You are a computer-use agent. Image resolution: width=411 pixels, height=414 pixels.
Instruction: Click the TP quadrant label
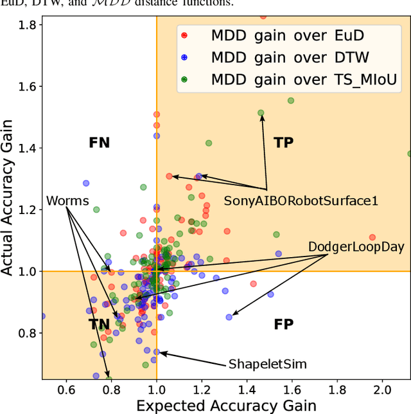(x=283, y=143)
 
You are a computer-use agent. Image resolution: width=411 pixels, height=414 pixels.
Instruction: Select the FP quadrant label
(x=283, y=324)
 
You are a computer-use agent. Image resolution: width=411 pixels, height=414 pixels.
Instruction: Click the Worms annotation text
(x=67, y=201)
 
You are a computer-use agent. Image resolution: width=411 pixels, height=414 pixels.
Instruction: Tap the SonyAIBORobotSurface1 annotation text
(x=301, y=201)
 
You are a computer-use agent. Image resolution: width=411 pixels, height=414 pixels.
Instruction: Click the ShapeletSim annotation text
(x=268, y=364)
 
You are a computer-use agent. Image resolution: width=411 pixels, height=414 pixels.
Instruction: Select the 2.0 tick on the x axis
(x=382, y=390)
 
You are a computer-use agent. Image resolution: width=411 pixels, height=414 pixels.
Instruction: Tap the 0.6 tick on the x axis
(x=66, y=390)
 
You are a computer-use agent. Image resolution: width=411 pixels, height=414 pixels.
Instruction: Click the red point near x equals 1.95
(x=372, y=237)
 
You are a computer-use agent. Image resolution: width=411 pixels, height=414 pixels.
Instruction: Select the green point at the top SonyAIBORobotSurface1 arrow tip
(x=261, y=113)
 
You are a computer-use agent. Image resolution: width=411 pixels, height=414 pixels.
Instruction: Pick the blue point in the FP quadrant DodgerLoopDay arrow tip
(x=229, y=317)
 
